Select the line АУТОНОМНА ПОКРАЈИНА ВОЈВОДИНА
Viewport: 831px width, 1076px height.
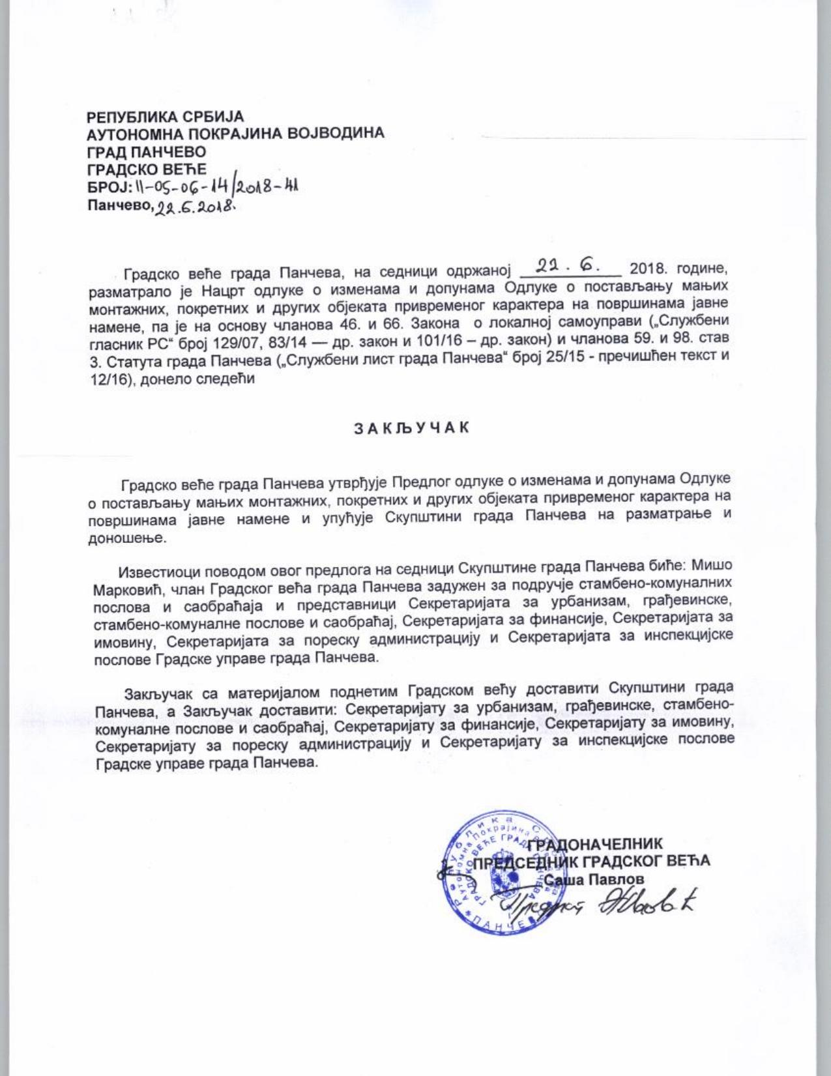point(235,134)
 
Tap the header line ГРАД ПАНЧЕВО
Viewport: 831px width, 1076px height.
point(147,151)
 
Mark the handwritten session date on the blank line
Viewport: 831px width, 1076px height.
point(569,266)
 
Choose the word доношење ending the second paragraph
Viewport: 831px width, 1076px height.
point(130,540)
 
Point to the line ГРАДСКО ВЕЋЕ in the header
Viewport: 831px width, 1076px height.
point(147,170)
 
